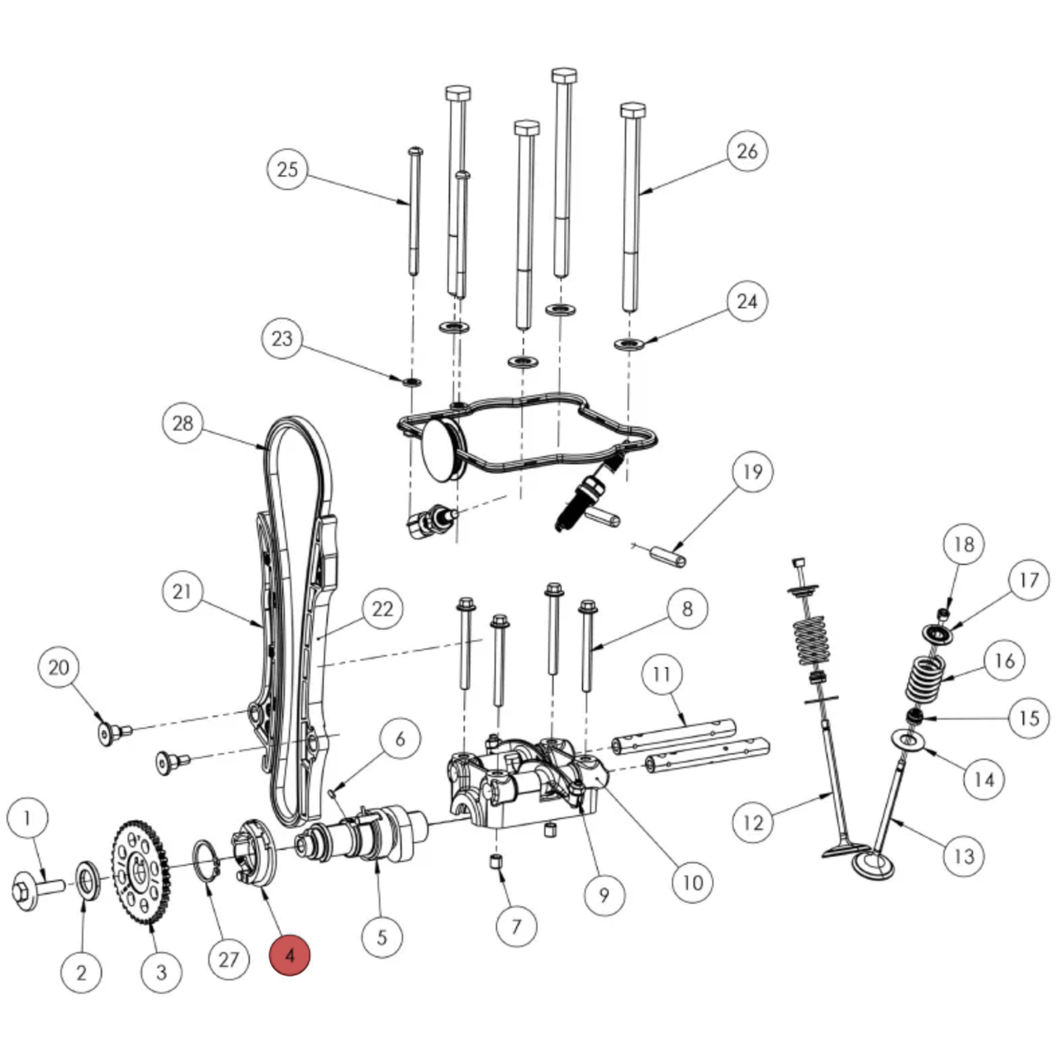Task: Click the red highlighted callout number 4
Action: click(289, 955)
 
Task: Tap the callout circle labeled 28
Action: click(182, 423)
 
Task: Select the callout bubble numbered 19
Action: click(752, 472)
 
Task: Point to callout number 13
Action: click(965, 856)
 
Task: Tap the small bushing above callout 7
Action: click(497, 863)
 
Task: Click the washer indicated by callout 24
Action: click(629, 343)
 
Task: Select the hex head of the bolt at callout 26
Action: click(633, 111)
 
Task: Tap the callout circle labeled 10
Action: click(692, 882)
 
